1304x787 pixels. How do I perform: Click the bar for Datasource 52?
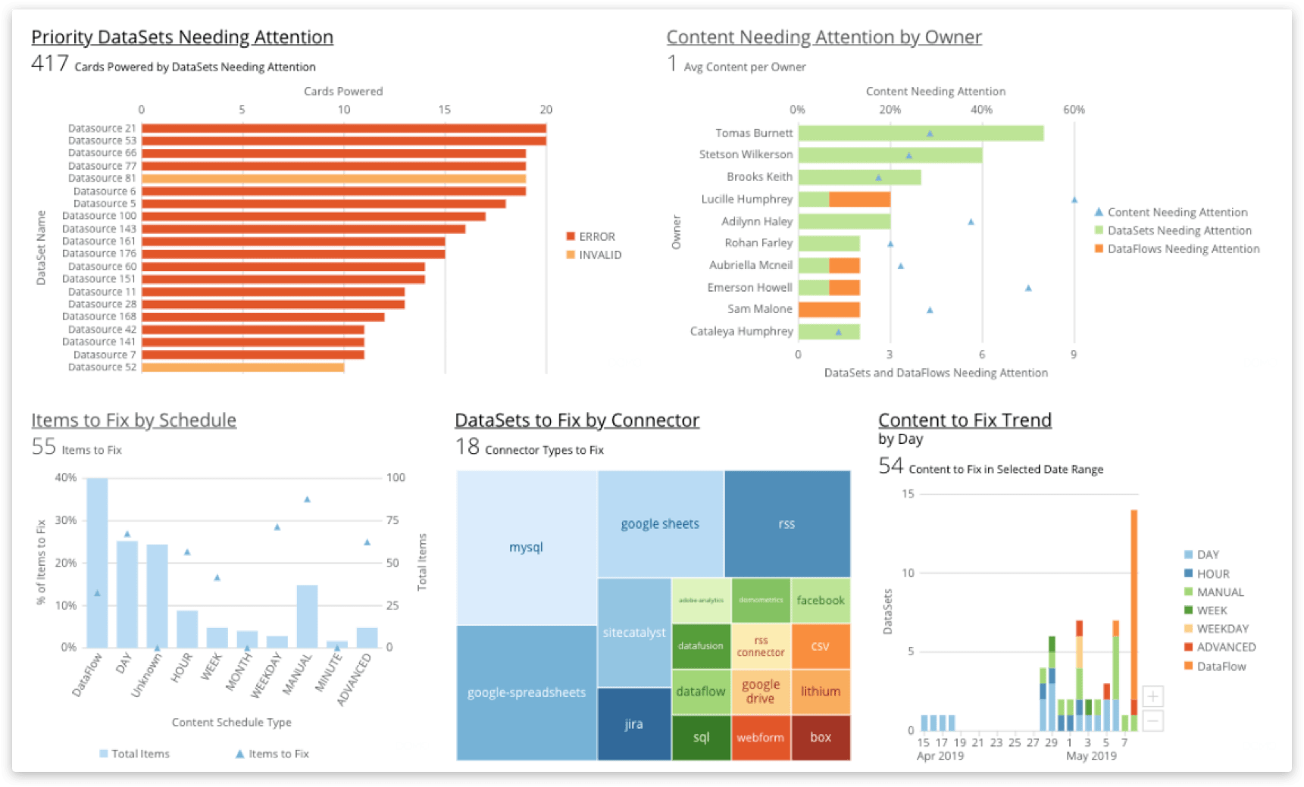[x=242, y=367]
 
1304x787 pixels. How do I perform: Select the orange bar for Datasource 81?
[x=333, y=179]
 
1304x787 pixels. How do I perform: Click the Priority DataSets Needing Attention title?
[x=182, y=37]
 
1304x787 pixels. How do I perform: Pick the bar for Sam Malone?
[x=829, y=310]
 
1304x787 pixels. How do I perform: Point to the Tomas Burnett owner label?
[x=754, y=133]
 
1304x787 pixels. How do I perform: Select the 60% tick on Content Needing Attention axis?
[x=1074, y=110]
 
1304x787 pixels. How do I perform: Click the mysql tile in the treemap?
[x=526, y=547]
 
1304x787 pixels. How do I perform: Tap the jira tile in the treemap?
[x=633, y=724]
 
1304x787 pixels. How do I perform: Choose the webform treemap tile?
[x=760, y=738]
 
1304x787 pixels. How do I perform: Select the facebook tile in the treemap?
[x=821, y=601]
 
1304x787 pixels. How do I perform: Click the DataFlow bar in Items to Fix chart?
[x=97, y=562]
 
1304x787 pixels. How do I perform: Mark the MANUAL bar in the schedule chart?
[x=307, y=616]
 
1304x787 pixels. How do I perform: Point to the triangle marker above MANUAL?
[x=307, y=500]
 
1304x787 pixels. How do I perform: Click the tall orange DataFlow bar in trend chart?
[x=1134, y=606]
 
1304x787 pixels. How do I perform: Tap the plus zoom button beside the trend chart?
[x=1152, y=696]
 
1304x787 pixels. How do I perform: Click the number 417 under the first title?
[x=50, y=64]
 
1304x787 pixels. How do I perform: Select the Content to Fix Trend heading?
[x=965, y=420]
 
